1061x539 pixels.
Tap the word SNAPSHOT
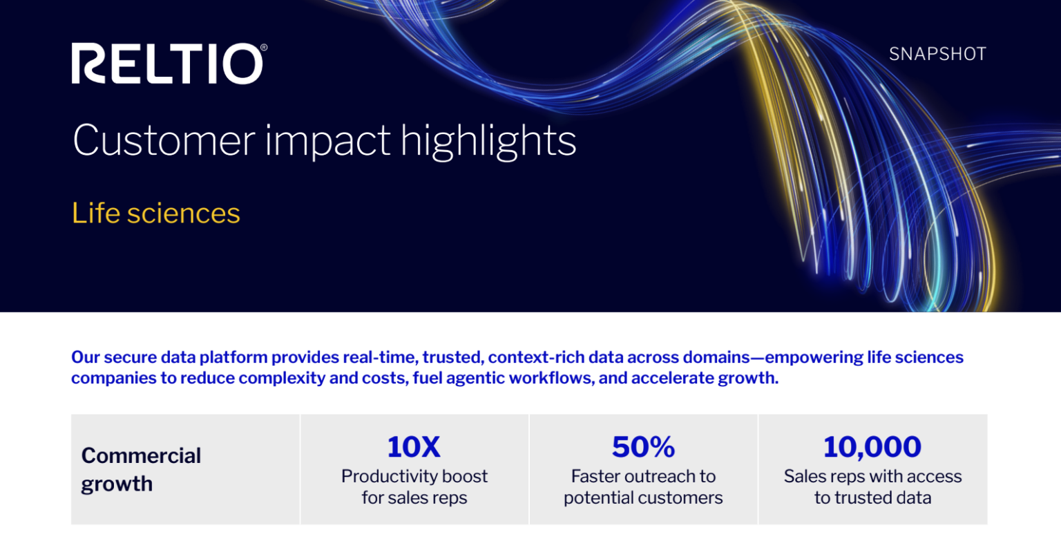click(937, 55)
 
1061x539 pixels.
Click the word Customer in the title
click(162, 140)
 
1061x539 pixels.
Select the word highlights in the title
click(488, 140)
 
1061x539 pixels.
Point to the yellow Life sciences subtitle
click(156, 214)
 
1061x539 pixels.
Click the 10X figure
click(414, 447)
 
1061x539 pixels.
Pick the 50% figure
click(643, 447)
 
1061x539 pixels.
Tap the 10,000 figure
click(872, 447)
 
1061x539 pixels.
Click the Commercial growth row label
click(141, 469)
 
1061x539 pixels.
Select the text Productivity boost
click(414, 476)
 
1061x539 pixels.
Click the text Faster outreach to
click(643, 476)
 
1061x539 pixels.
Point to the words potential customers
click(643, 498)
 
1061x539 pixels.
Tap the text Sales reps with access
click(872, 476)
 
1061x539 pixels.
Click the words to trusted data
click(872, 498)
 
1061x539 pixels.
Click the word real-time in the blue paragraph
click(382, 357)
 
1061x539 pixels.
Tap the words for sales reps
click(414, 498)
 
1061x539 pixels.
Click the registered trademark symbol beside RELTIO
click(263, 47)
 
